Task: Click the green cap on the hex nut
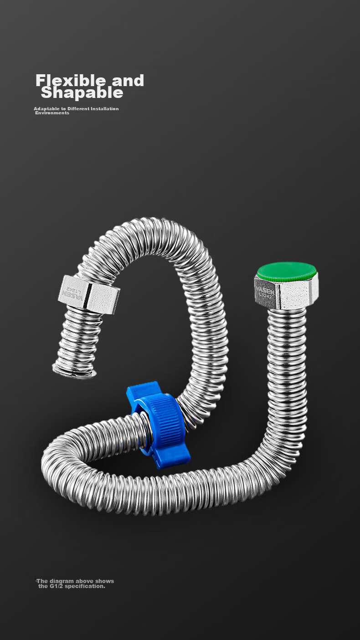286,271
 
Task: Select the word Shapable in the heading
82,92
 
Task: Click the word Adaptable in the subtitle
47,109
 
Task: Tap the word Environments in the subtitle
52,113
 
